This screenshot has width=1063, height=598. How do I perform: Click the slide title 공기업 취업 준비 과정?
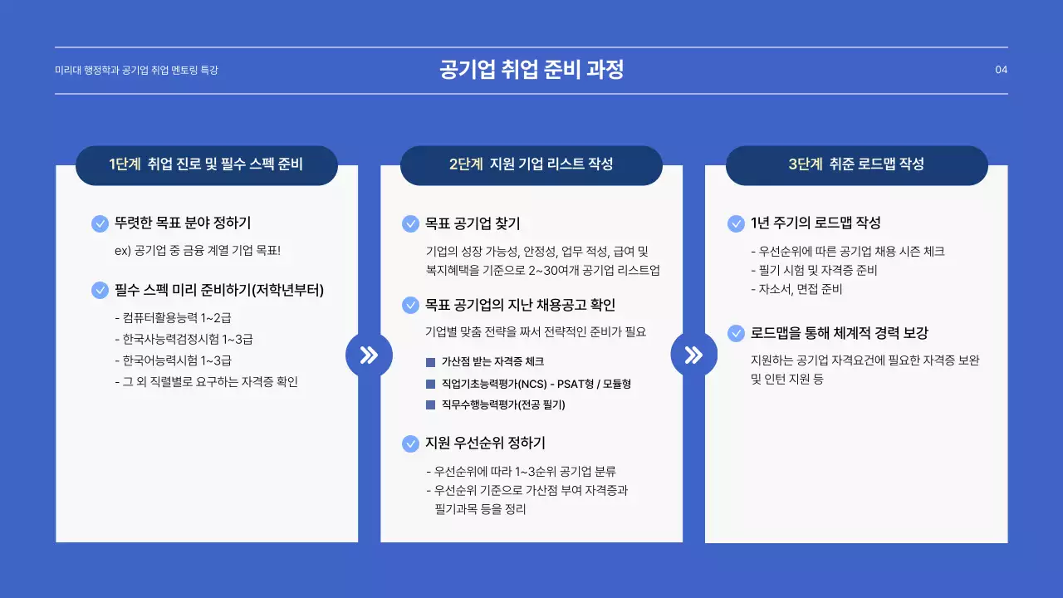(531, 70)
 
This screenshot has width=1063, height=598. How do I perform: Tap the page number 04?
(1001, 70)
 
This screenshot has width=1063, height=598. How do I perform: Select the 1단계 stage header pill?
(206, 164)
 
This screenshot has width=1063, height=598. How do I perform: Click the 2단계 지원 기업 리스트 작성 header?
(531, 164)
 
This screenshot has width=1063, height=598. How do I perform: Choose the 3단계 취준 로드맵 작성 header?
(856, 164)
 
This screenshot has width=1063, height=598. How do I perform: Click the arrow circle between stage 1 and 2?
(369, 355)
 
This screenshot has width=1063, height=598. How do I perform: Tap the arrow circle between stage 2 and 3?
(693, 355)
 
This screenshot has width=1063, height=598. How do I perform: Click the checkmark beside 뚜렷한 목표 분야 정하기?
(100, 223)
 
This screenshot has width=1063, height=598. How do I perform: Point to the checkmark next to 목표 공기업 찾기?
(410, 223)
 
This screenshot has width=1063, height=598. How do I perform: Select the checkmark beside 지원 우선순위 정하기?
(410, 444)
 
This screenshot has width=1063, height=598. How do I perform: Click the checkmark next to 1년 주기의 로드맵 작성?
(736, 223)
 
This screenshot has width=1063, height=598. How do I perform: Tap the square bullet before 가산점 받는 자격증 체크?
(430, 362)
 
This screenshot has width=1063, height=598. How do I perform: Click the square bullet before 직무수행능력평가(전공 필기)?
(430, 405)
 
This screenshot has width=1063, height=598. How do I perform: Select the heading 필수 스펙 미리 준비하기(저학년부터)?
(219, 291)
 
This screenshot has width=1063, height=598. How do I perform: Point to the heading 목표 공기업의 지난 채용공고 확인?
(520, 306)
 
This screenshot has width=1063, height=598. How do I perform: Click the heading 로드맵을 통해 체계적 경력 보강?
(840, 333)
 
